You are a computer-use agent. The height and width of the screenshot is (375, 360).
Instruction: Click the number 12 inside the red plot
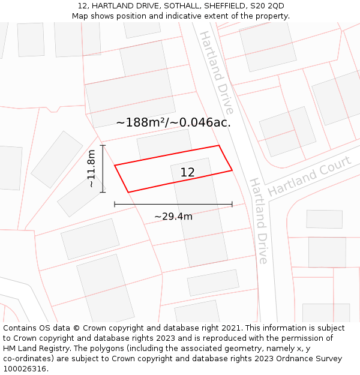point(187,173)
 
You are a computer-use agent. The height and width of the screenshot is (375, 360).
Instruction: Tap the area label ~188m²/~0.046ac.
point(173,122)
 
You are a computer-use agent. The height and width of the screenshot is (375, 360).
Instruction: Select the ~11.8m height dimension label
point(91,169)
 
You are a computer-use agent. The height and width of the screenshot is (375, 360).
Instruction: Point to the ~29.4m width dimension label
point(173,216)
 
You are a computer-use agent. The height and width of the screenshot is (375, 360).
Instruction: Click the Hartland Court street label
point(309,176)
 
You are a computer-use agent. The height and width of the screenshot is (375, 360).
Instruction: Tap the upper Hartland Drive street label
point(216,72)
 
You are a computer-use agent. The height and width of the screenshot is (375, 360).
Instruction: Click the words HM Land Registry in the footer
point(34,349)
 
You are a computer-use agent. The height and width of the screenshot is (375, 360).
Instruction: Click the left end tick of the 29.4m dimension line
point(115,205)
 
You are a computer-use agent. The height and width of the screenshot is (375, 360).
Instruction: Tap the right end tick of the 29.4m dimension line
point(232,205)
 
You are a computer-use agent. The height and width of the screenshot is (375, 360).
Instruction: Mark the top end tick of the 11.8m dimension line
point(103,145)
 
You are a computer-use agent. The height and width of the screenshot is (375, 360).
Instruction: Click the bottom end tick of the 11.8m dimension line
point(103,192)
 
